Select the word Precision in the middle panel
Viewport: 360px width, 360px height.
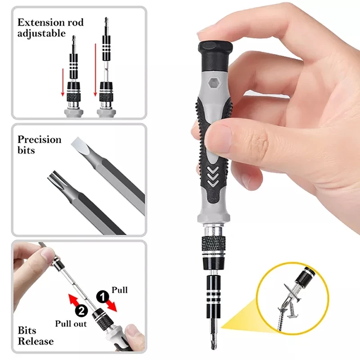click(39, 139)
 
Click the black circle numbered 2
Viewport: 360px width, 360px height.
click(81, 310)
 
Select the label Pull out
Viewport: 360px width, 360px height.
click(71, 323)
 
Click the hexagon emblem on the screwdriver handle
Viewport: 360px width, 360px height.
click(211, 83)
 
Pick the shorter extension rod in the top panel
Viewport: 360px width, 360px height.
click(73, 79)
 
